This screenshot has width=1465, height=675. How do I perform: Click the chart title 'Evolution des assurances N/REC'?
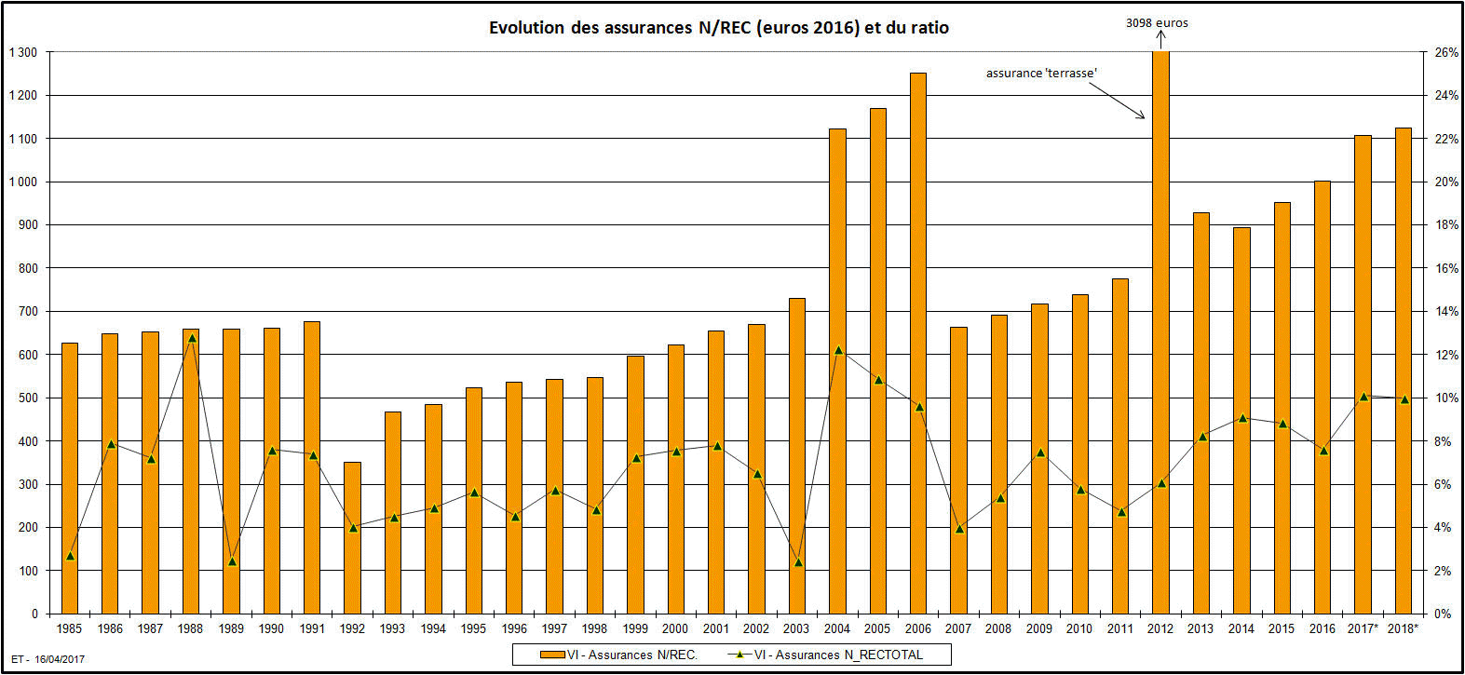[x=718, y=28]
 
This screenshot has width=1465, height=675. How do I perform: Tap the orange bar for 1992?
[x=352, y=537]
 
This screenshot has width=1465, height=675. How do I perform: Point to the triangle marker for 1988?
[x=192, y=338]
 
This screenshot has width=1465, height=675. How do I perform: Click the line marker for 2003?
[x=798, y=562]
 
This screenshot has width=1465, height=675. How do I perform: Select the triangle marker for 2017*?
[x=1363, y=397]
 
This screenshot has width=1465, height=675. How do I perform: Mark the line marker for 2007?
[x=959, y=529]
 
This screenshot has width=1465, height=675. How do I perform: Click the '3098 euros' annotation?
[x=1157, y=23]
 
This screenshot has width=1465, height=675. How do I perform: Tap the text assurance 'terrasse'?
[x=1041, y=73]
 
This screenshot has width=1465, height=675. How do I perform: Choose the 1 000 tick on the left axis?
[x=23, y=182]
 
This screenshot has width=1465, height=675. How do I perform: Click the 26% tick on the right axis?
[x=1445, y=53]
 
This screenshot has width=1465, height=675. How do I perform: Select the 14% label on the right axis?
[x=1445, y=311]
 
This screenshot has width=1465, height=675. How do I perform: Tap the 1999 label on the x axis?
[x=635, y=628]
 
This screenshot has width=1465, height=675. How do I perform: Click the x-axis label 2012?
[x=1160, y=628]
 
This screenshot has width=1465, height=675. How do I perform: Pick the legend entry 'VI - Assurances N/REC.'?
[x=620, y=655]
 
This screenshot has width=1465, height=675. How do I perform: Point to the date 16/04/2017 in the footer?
[x=60, y=659]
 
